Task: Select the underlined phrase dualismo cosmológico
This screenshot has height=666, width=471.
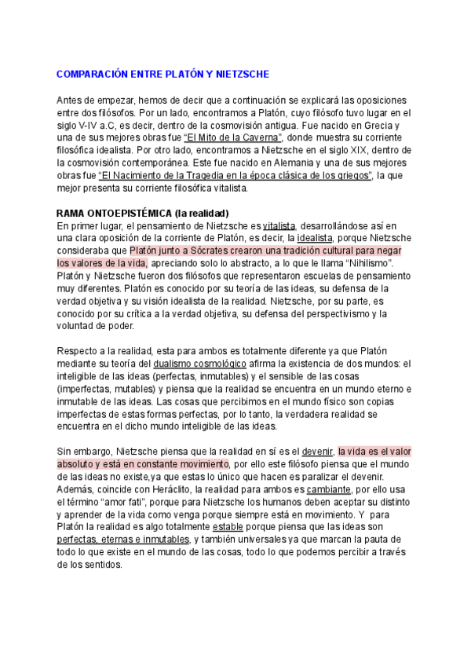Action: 200,364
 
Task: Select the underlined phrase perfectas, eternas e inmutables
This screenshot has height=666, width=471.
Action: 122,540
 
